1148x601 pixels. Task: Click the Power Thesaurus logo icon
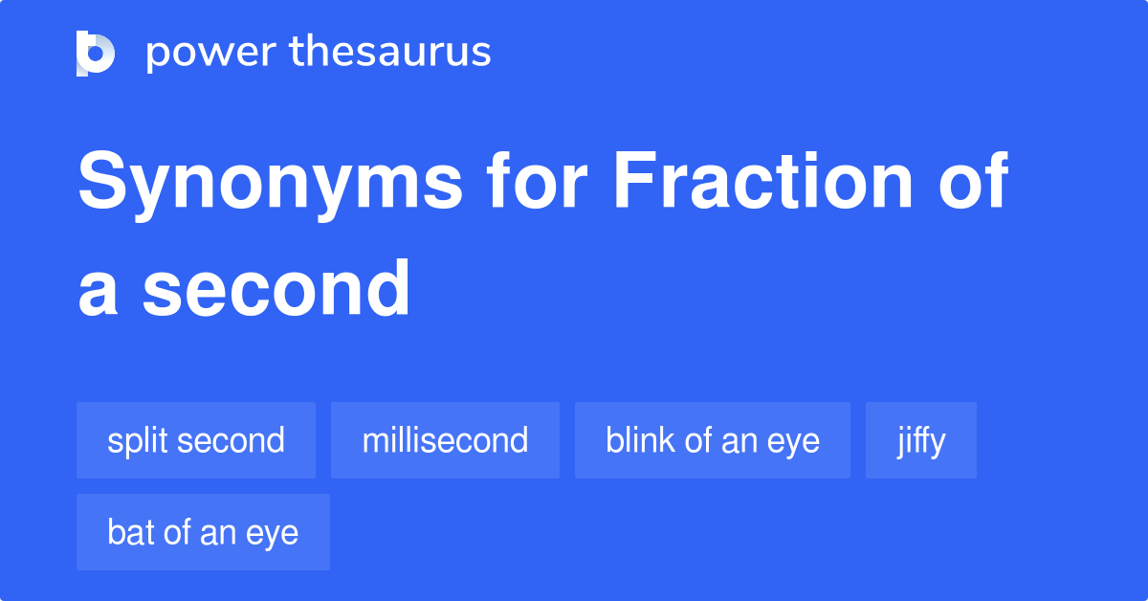(x=96, y=54)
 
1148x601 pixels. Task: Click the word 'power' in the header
(x=211, y=54)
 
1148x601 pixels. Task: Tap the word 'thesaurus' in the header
(x=390, y=52)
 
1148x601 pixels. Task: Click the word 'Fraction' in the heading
(x=763, y=180)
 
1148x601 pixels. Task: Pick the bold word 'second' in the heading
(x=276, y=288)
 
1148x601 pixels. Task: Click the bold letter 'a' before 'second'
(x=98, y=295)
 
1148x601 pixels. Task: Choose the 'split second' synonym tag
(x=196, y=440)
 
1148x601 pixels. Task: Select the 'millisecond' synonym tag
(x=445, y=440)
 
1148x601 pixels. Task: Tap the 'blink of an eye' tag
(x=713, y=440)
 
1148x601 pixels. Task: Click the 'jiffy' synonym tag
(x=921, y=440)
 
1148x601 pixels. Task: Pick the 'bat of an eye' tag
(x=203, y=532)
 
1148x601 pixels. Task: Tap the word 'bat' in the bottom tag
(x=131, y=532)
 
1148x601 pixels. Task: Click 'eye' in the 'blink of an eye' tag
(x=793, y=443)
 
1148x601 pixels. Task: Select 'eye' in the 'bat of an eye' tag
(x=272, y=535)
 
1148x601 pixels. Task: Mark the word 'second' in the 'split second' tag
(x=232, y=439)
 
